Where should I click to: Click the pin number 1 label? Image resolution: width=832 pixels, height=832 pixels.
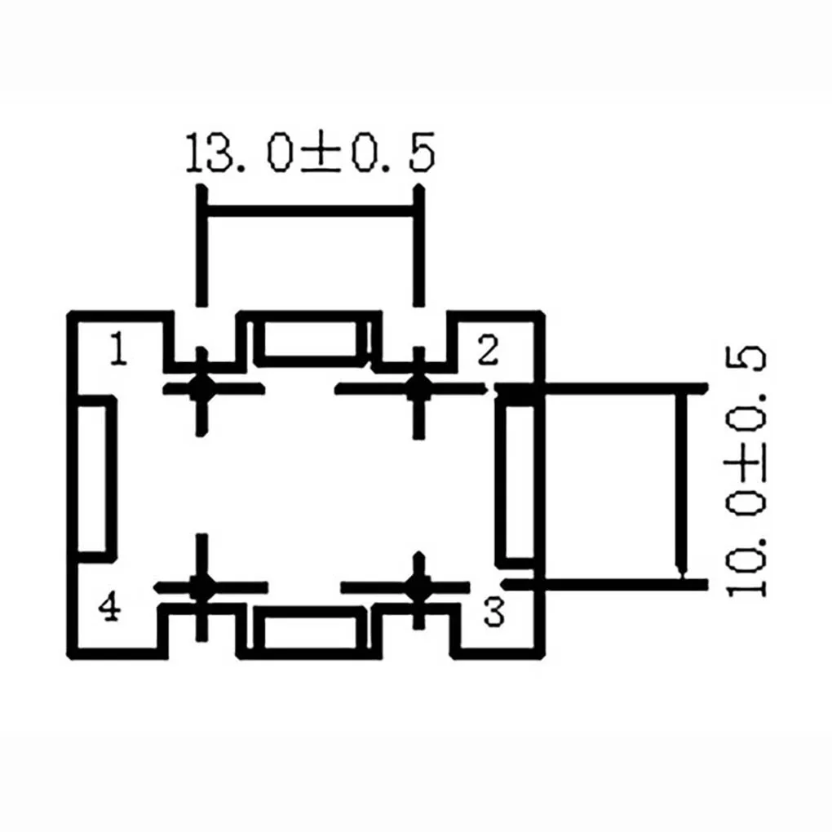(x=119, y=348)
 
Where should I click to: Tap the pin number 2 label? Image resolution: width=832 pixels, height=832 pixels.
(x=488, y=350)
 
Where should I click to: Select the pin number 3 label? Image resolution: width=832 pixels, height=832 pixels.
(x=493, y=613)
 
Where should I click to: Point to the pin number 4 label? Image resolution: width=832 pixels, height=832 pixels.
(x=110, y=606)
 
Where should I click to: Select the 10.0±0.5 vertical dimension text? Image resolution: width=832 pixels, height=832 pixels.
(x=745, y=472)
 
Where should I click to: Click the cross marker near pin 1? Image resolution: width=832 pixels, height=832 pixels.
(x=201, y=390)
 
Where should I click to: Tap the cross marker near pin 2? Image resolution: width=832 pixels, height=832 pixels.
(x=418, y=390)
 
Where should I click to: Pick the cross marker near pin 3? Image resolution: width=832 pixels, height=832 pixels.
(x=418, y=588)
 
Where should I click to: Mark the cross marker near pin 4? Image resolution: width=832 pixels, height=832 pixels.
(x=201, y=588)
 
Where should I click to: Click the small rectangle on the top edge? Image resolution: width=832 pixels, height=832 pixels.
(x=311, y=339)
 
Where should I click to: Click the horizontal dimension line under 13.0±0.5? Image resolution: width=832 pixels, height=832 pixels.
(x=311, y=211)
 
